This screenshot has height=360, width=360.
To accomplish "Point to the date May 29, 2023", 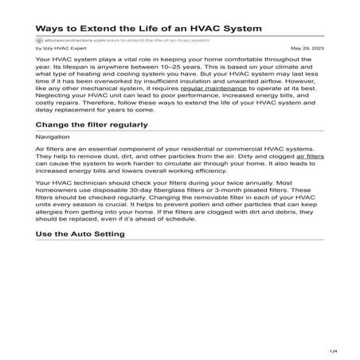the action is pyautogui.click(x=307, y=48).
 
